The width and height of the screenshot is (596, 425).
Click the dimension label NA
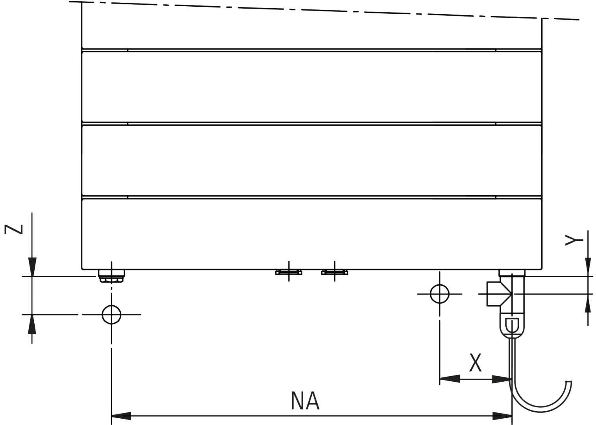[305, 401]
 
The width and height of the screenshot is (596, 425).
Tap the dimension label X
[476, 363]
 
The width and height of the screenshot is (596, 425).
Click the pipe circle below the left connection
[111, 314]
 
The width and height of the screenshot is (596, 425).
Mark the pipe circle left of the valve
[439, 294]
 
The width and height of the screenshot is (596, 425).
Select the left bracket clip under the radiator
[289, 272]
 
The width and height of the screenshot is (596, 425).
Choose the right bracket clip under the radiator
[335, 272]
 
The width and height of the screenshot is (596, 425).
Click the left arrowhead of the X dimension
[449, 379]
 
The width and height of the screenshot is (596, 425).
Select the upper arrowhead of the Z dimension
[32, 267]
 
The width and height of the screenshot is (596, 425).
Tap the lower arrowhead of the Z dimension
[32, 323]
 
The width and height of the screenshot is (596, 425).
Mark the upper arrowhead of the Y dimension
[588, 267]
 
